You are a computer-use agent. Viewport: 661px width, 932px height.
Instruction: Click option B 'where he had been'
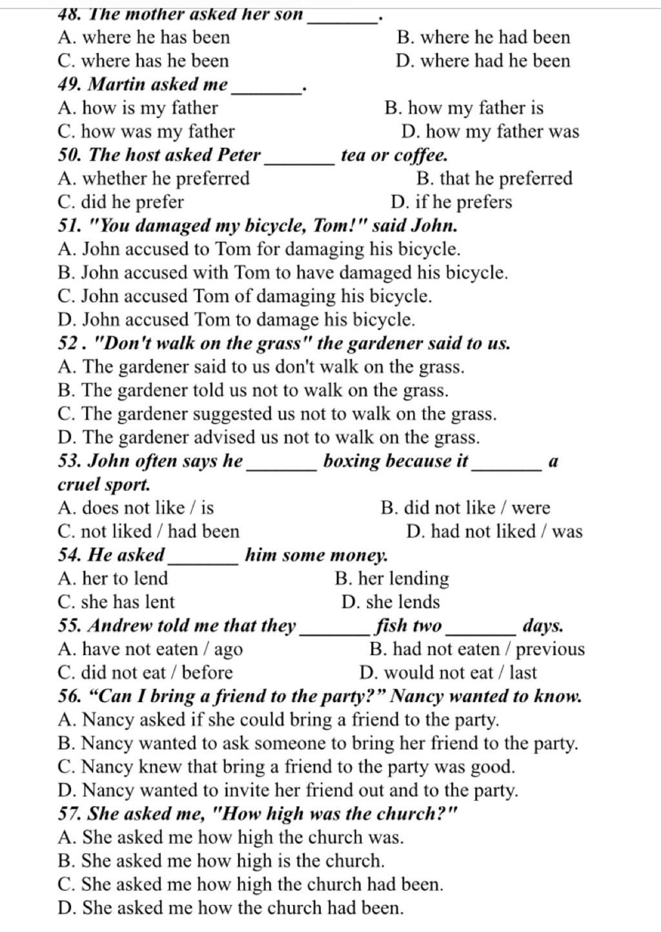point(483,37)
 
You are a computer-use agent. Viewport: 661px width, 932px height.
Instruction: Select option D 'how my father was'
point(490,132)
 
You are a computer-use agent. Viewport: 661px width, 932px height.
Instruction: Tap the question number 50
point(69,156)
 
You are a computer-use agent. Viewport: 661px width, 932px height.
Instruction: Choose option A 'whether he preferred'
point(154,179)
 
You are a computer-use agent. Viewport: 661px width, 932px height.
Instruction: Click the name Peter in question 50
point(239,156)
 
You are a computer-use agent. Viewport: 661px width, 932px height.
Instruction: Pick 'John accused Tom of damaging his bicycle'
point(245,296)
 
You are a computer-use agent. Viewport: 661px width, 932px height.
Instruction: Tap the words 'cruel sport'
point(104,484)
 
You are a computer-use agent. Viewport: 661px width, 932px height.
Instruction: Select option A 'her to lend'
point(113,579)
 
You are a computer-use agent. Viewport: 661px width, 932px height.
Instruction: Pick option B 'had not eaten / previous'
point(477,649)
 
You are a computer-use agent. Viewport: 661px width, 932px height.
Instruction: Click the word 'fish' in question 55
point(391,626)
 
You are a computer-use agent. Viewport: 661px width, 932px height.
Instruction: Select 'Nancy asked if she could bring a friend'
point(278,720)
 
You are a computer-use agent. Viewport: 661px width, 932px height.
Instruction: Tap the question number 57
point(69,814)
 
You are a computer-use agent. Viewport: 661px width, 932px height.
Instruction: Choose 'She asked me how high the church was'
point(230,838)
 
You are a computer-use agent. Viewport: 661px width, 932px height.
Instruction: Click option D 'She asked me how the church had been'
point(230,908)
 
